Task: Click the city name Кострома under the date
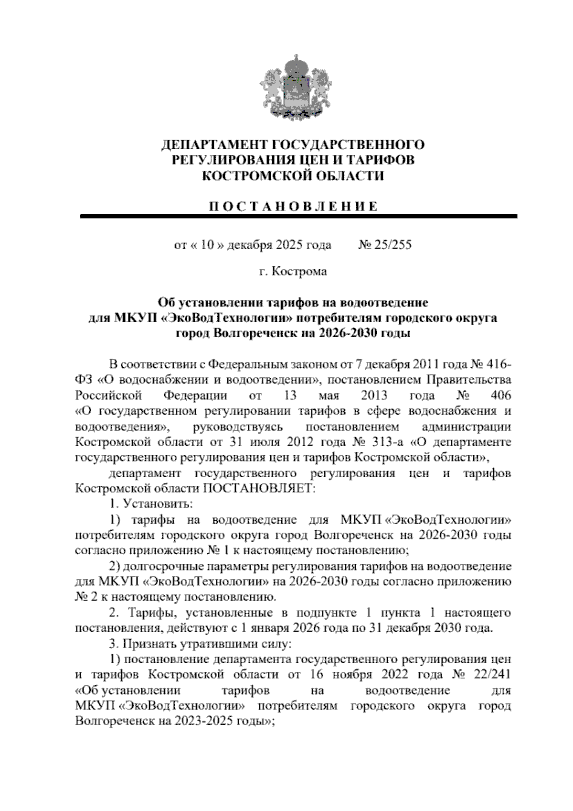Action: [x=299, y=272]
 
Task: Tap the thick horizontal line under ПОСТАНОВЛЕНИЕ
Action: [x=298, y=217]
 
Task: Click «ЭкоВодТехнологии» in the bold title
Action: [x=210, y=318]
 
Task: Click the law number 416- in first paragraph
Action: [x=499, y=365]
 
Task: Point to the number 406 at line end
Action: [x=500, y=396]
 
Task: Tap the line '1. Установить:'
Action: [x=151, y=504]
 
